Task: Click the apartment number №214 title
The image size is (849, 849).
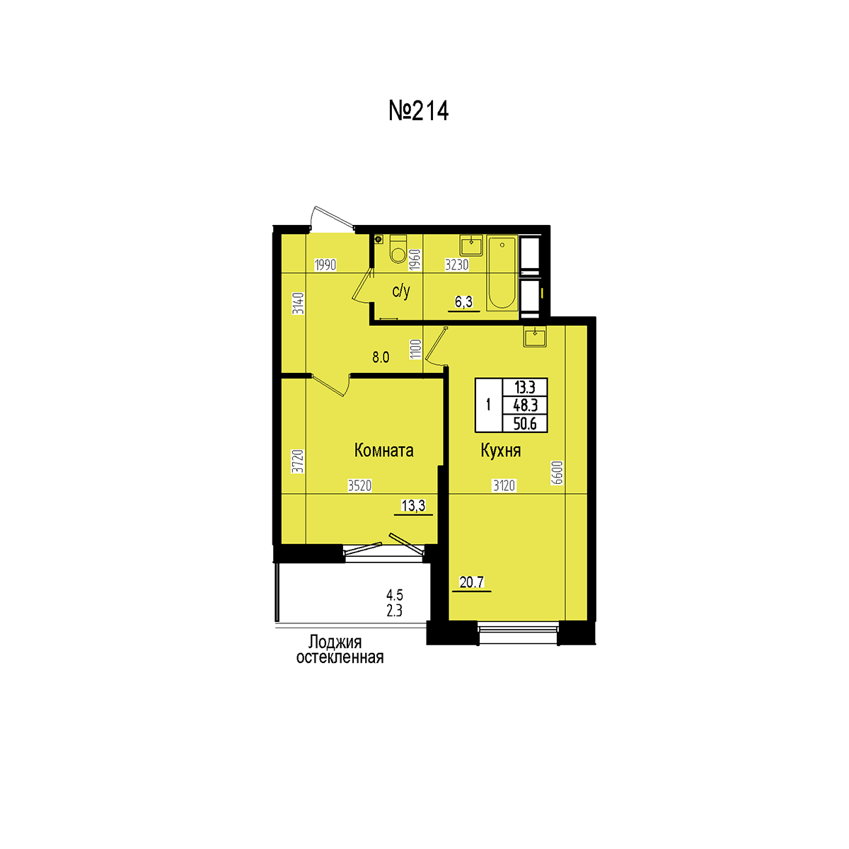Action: pyautogui.click(x=418, y=110)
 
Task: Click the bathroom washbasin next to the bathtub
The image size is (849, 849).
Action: pyautogui.click(x=471, y=245)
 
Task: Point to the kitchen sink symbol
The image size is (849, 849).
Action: pyautogui.click(x=535, y=337)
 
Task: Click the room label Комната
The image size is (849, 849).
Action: pyautogui.click(x=383, y=450)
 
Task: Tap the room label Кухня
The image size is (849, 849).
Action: pyautogui.click(x=500, y=451)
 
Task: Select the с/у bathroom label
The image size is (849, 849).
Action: pyautogui.click(x=401, y=291)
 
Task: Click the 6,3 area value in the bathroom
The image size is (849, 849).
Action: pyautogui.click(x=463, y=302)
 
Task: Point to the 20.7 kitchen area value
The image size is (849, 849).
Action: pyautogui.click(x=471, y=582)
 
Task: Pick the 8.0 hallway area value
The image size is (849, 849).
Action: pyautogui.click(x=381, y=357)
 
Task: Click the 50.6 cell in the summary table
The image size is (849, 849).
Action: pyautogui.click(x=525, y=424)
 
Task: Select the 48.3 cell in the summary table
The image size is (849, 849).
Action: pyautogui.click(x=525, y=405)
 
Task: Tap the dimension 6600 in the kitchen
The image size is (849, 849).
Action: pyautogui.click(x=557, y=473)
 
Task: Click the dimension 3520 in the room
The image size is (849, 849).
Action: pyautogui.click(x=360, y=485)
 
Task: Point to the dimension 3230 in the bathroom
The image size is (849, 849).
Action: pyautogui.click(x=457, y=265)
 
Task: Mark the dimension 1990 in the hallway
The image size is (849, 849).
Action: pyautogui.click(x=325, y=265)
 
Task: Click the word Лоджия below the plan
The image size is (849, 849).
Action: pyautogui.click(x=335, y=642)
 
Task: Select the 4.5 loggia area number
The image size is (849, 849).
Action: pyautogui.click(x=394, y=595)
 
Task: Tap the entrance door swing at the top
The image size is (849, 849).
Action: pyautogui.click(x=333, y=219)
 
